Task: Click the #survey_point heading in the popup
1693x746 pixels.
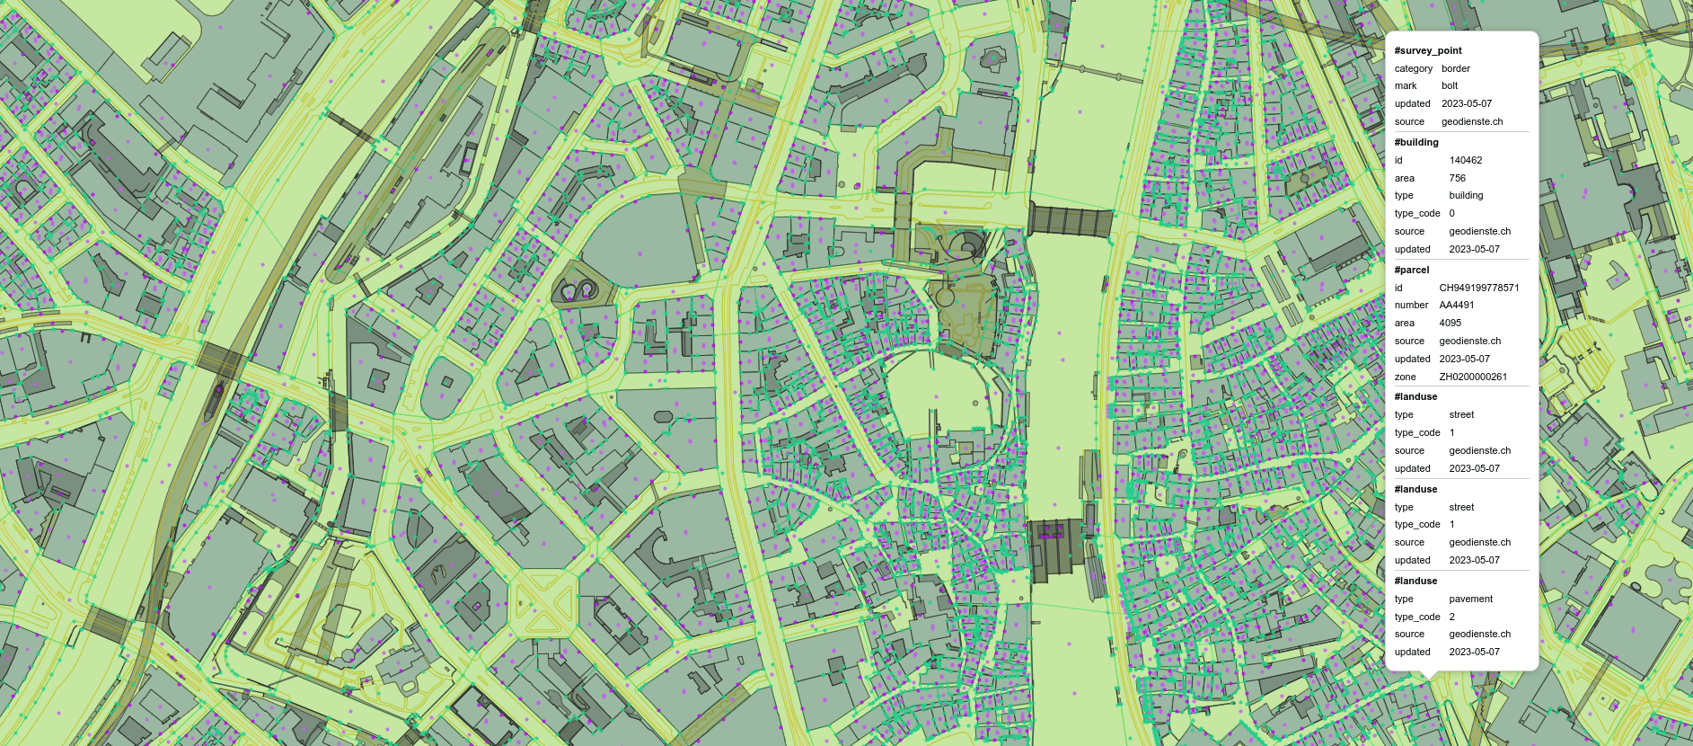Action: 1427,50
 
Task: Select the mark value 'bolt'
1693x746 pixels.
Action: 1450,85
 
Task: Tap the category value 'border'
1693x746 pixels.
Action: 1455,68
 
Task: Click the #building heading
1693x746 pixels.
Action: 1415,142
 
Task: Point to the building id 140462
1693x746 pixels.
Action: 1465,160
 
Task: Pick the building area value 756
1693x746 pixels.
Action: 1457,178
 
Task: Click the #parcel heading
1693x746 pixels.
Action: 1411,270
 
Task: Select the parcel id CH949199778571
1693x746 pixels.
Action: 1478,288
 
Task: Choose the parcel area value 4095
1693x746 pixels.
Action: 1450,323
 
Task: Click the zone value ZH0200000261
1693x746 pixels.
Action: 1473,377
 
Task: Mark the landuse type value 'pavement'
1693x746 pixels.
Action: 1470,599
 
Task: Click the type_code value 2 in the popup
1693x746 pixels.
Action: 1451,617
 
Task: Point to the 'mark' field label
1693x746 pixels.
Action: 1406,85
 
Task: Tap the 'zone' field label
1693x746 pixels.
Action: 1405,377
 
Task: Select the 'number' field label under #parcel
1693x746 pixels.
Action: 1411,305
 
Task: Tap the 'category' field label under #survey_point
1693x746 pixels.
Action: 1413,68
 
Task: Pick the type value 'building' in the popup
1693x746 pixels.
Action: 1466,195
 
